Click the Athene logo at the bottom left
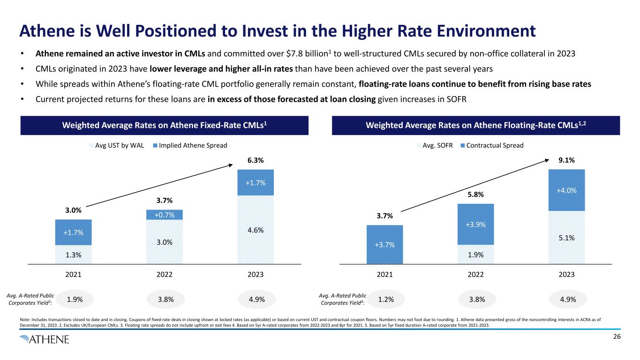coord(45,339)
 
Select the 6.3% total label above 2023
coord(256,160)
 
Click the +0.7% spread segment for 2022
coord(164,215)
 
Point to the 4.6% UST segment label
coord(256,230)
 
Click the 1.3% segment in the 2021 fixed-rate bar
coord(73,255)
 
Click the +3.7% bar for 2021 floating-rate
coord(384,244)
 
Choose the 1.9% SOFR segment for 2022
coord(476,255)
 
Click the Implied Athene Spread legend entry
coord(189,145)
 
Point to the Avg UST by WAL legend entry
coord(117,145)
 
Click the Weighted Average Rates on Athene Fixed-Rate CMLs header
coord(164,126)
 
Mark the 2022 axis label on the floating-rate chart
coord(476,275)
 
